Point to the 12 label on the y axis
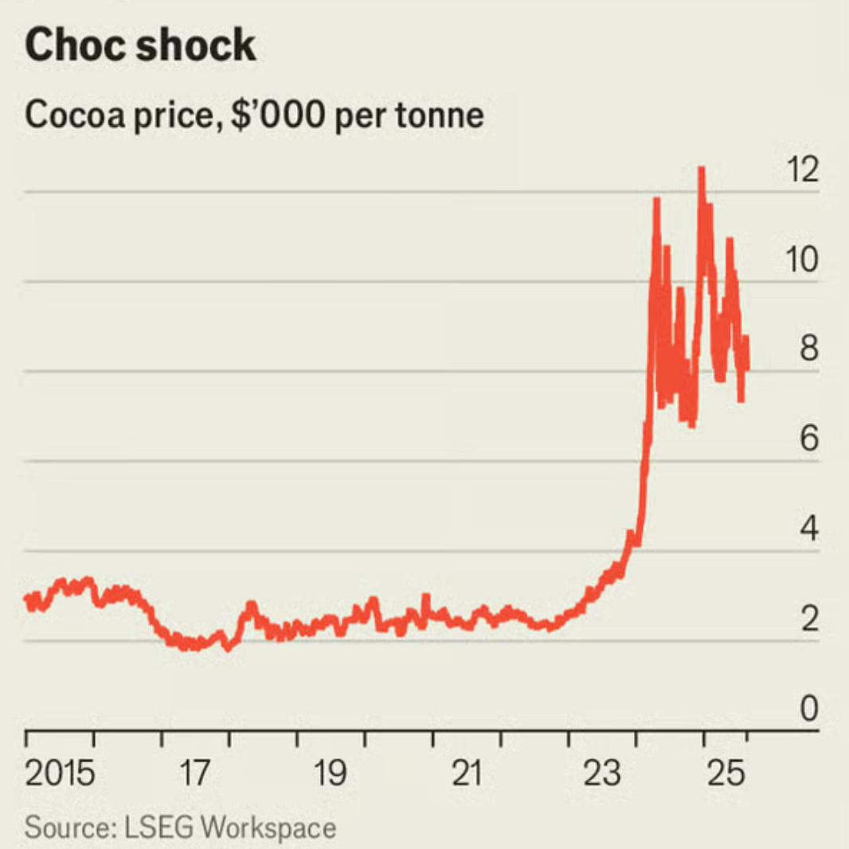800,170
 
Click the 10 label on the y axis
800,260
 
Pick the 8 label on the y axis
809,350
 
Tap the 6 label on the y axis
809,439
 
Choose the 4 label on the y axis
809,529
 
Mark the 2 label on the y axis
809,619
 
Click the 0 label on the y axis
809,708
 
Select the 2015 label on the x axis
61,773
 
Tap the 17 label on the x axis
194,773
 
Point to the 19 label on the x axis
331,773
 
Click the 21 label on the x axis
466,773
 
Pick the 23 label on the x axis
602,773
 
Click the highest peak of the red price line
701,169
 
